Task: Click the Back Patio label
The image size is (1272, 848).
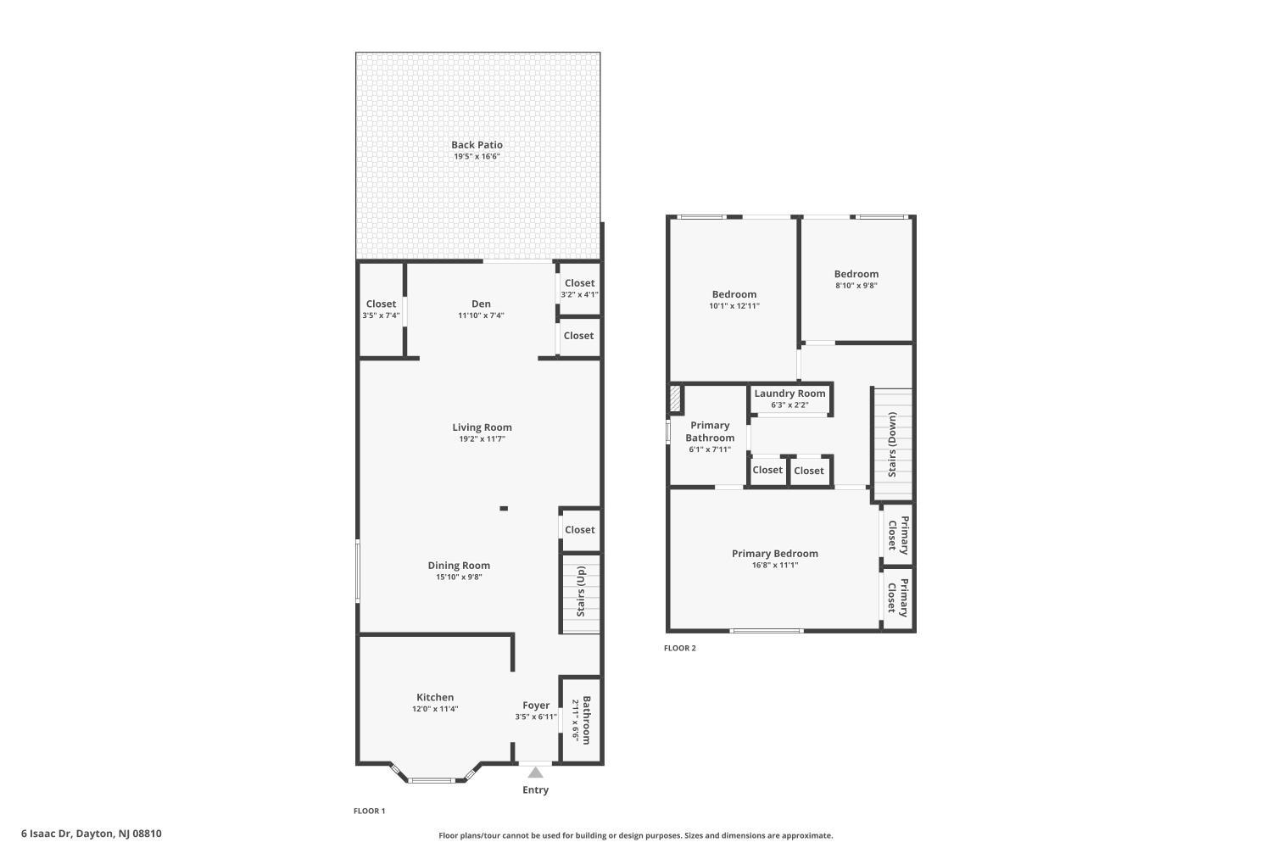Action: point(477,145)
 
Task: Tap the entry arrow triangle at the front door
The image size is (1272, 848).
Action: point(535,773)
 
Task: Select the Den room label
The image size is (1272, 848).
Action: point(481,304)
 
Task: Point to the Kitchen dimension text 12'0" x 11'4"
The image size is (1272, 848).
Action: point(435,709)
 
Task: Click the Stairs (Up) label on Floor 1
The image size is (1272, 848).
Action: point(581,591)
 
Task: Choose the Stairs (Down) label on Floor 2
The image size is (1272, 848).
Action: point(892,444)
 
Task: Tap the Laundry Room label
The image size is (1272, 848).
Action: point(789,393)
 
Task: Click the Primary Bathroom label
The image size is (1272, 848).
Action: point(710,432)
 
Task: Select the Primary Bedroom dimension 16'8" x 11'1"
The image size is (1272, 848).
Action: point(774,565)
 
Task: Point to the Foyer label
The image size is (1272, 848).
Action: point(535,706)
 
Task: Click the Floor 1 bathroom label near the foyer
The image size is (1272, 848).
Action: point(586,720)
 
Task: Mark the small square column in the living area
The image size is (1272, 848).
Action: point(504,508)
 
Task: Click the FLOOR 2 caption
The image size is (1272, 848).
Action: point(680,648)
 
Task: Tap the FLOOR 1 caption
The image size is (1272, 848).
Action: point(369,811)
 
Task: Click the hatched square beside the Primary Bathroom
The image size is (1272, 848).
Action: point(675,399)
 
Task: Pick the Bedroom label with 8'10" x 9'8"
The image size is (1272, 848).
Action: point(856,274)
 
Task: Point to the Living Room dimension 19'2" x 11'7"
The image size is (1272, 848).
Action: point(483,439)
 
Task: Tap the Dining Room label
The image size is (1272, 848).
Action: point(459,565)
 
